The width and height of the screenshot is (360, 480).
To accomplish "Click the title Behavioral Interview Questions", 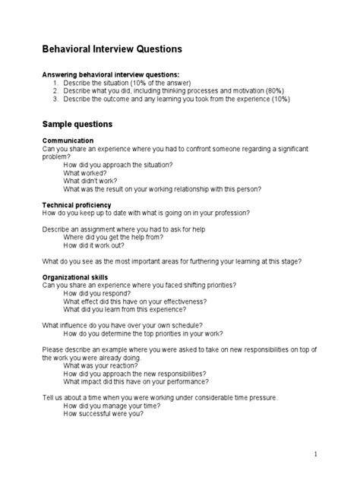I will click(112, 49).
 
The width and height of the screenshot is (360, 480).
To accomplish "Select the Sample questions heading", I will click(77, 123).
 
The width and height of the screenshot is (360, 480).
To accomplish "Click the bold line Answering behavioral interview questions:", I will click(109, 74).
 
